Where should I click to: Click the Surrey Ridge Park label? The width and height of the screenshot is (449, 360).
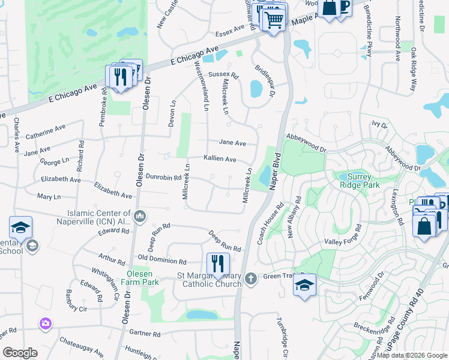(360, 181)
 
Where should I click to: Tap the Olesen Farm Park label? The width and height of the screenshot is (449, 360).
(139, 277)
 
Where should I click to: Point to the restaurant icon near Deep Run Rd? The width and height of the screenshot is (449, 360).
(218, 263)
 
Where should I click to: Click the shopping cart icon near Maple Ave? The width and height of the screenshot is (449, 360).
(274, 19)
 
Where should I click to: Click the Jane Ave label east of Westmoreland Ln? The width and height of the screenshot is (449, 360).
(232, 143)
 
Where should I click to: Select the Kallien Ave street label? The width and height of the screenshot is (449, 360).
(220, 158)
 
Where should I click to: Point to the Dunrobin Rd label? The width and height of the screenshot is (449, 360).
(163, 178)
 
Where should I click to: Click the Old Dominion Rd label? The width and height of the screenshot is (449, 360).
(162, 259)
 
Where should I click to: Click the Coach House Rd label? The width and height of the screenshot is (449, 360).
(270, 226)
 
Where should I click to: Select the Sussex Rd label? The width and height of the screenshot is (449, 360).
(223, 76)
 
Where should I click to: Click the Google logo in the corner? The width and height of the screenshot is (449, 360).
(20, 353)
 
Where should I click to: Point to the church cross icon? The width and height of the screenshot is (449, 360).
(251, 278)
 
